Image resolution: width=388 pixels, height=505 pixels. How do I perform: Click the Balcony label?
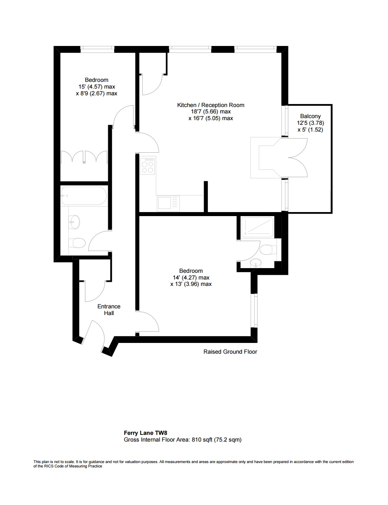coord(310,116)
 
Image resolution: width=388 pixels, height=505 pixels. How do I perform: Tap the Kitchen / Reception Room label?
coord(210,105)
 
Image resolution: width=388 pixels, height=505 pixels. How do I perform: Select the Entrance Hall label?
coord(109,310)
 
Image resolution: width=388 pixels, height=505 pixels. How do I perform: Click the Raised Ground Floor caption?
coord(230,352)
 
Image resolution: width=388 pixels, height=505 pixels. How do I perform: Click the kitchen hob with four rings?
coord(148,166)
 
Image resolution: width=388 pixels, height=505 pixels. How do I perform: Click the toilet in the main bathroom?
coord(77,243)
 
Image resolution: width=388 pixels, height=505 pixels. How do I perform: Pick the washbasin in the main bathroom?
coord(74,221)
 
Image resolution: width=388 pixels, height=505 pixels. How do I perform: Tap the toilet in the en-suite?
coord(268,250)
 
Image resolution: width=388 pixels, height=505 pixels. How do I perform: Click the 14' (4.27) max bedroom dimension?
coord(191,277)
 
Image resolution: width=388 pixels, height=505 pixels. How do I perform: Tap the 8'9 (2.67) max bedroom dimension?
coord(96,94)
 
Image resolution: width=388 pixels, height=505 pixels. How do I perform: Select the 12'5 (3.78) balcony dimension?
coord(310,123)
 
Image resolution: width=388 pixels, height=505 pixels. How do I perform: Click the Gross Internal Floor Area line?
coord(183,440)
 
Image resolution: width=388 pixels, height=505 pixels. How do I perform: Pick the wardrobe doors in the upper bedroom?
coord(84,157)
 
